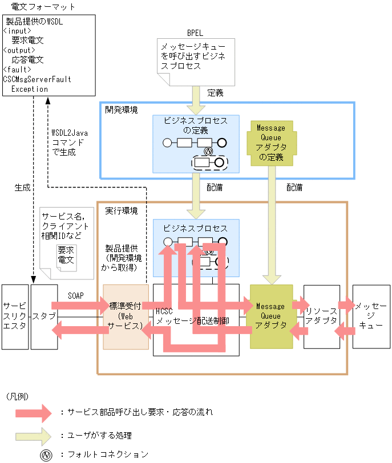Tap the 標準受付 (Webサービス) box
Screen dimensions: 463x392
click(x=125, y=316)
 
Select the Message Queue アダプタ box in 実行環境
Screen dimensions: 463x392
click(x=270, y=316)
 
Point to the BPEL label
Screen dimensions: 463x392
click(x=195, y=34)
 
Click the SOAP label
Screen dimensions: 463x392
click(x=76, y=296)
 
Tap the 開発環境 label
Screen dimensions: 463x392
click(x=121, y=109)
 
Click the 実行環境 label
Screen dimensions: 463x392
click(x=122, y=210)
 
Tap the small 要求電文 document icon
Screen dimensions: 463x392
click(x=66, y=255)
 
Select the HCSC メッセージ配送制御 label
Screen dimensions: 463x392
click(x=192, y=316)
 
